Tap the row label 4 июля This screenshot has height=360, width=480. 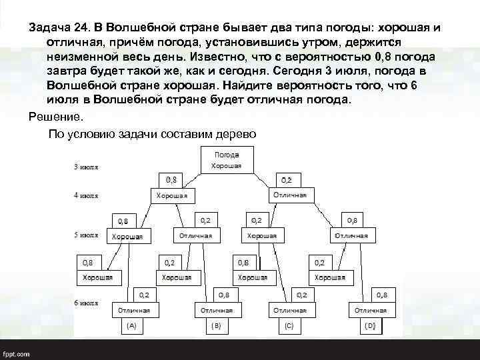pyautogui.click(x=86, y=196)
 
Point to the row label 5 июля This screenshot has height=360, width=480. pyautogui.click(x=86, y=235)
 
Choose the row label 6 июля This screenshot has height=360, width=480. pyautogui.click(x=86, y=302)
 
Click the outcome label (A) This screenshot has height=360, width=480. pyautogui.click(x=132, y=326)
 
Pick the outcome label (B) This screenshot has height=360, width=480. pyautogui.click(x=215, y=326)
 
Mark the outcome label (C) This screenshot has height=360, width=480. pyautogui.click(x=289, y=326)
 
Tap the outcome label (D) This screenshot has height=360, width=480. pyautogui.click(x=370, y=326)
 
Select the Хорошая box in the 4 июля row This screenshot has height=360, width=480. pyautogui.click(x=171, y=196)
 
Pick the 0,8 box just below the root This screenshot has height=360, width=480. pyautogui.click(x=171, y=179)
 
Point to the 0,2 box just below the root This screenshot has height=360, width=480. pyautogui.click(x=286, y=179)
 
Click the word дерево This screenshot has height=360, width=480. pyautogui.click(x=233, y=133)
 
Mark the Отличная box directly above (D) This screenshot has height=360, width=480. pyautogui.click(x=371, y=310)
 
